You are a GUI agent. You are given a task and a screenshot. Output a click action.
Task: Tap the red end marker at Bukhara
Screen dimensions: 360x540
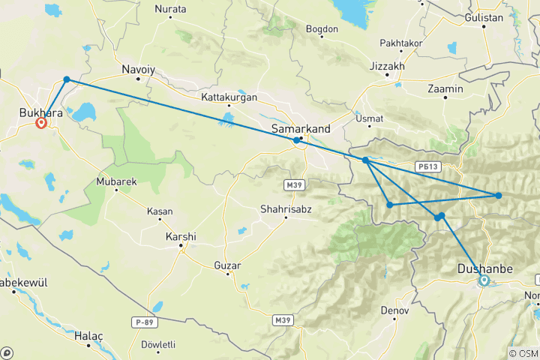tap(41, 123)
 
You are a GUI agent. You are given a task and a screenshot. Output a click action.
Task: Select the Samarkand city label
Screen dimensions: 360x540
tap(301, 129)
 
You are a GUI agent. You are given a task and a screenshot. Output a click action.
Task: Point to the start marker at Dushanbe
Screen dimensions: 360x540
tap(484, 281)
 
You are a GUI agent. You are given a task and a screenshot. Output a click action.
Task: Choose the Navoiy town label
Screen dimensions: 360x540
tap(138, 70)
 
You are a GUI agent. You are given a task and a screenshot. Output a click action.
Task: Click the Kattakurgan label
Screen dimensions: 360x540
tap(229, 97)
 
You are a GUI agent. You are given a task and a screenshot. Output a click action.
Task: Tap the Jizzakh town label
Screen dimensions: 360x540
tap(387, 66)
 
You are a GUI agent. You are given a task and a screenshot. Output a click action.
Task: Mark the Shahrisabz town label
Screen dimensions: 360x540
tap(286, 208)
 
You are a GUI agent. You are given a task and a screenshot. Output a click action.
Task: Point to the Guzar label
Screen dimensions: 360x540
tap(226, 265)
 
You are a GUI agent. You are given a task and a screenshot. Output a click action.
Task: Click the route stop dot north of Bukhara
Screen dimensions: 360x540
tap(67, 79)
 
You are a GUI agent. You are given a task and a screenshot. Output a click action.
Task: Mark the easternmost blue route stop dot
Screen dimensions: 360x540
tap(498, 196)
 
